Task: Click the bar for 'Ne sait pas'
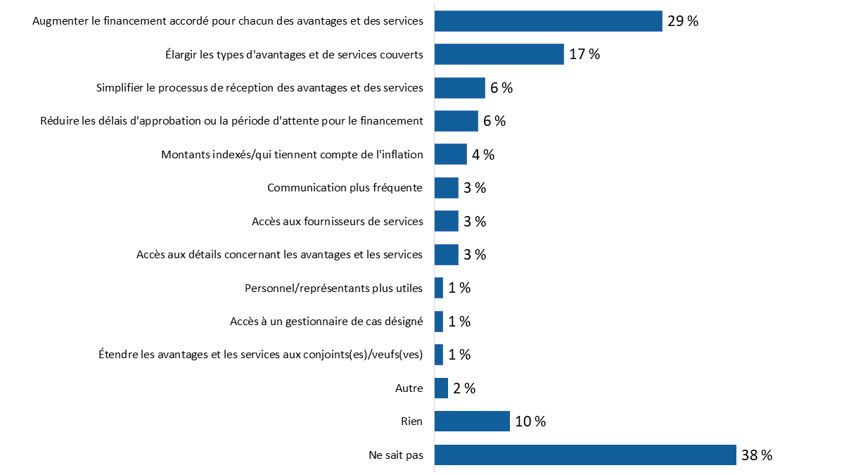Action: point(585,455)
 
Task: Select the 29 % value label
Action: point(682,21)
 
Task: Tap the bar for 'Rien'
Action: point(472,422)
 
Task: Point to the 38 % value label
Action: point(756,455)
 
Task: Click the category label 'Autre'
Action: point(409,388)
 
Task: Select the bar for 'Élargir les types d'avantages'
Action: point(499,54)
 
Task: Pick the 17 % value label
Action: point(584,54)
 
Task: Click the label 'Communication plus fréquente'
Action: point(345,188)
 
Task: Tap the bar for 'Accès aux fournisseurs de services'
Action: point(446,221)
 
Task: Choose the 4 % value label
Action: point(482,155)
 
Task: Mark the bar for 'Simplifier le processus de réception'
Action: point(459,88)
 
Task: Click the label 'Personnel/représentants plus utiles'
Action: point(333,288)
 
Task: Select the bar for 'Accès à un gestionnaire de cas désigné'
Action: point(439,322)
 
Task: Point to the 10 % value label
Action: point(530,422)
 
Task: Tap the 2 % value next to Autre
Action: point(464,388)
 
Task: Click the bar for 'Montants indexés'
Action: point(450,154)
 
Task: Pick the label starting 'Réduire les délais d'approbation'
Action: point(231,121)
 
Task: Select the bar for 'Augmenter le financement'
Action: point(548,21)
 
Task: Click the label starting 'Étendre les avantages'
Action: point(261,355)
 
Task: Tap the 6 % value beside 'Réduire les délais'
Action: point(494,121)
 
